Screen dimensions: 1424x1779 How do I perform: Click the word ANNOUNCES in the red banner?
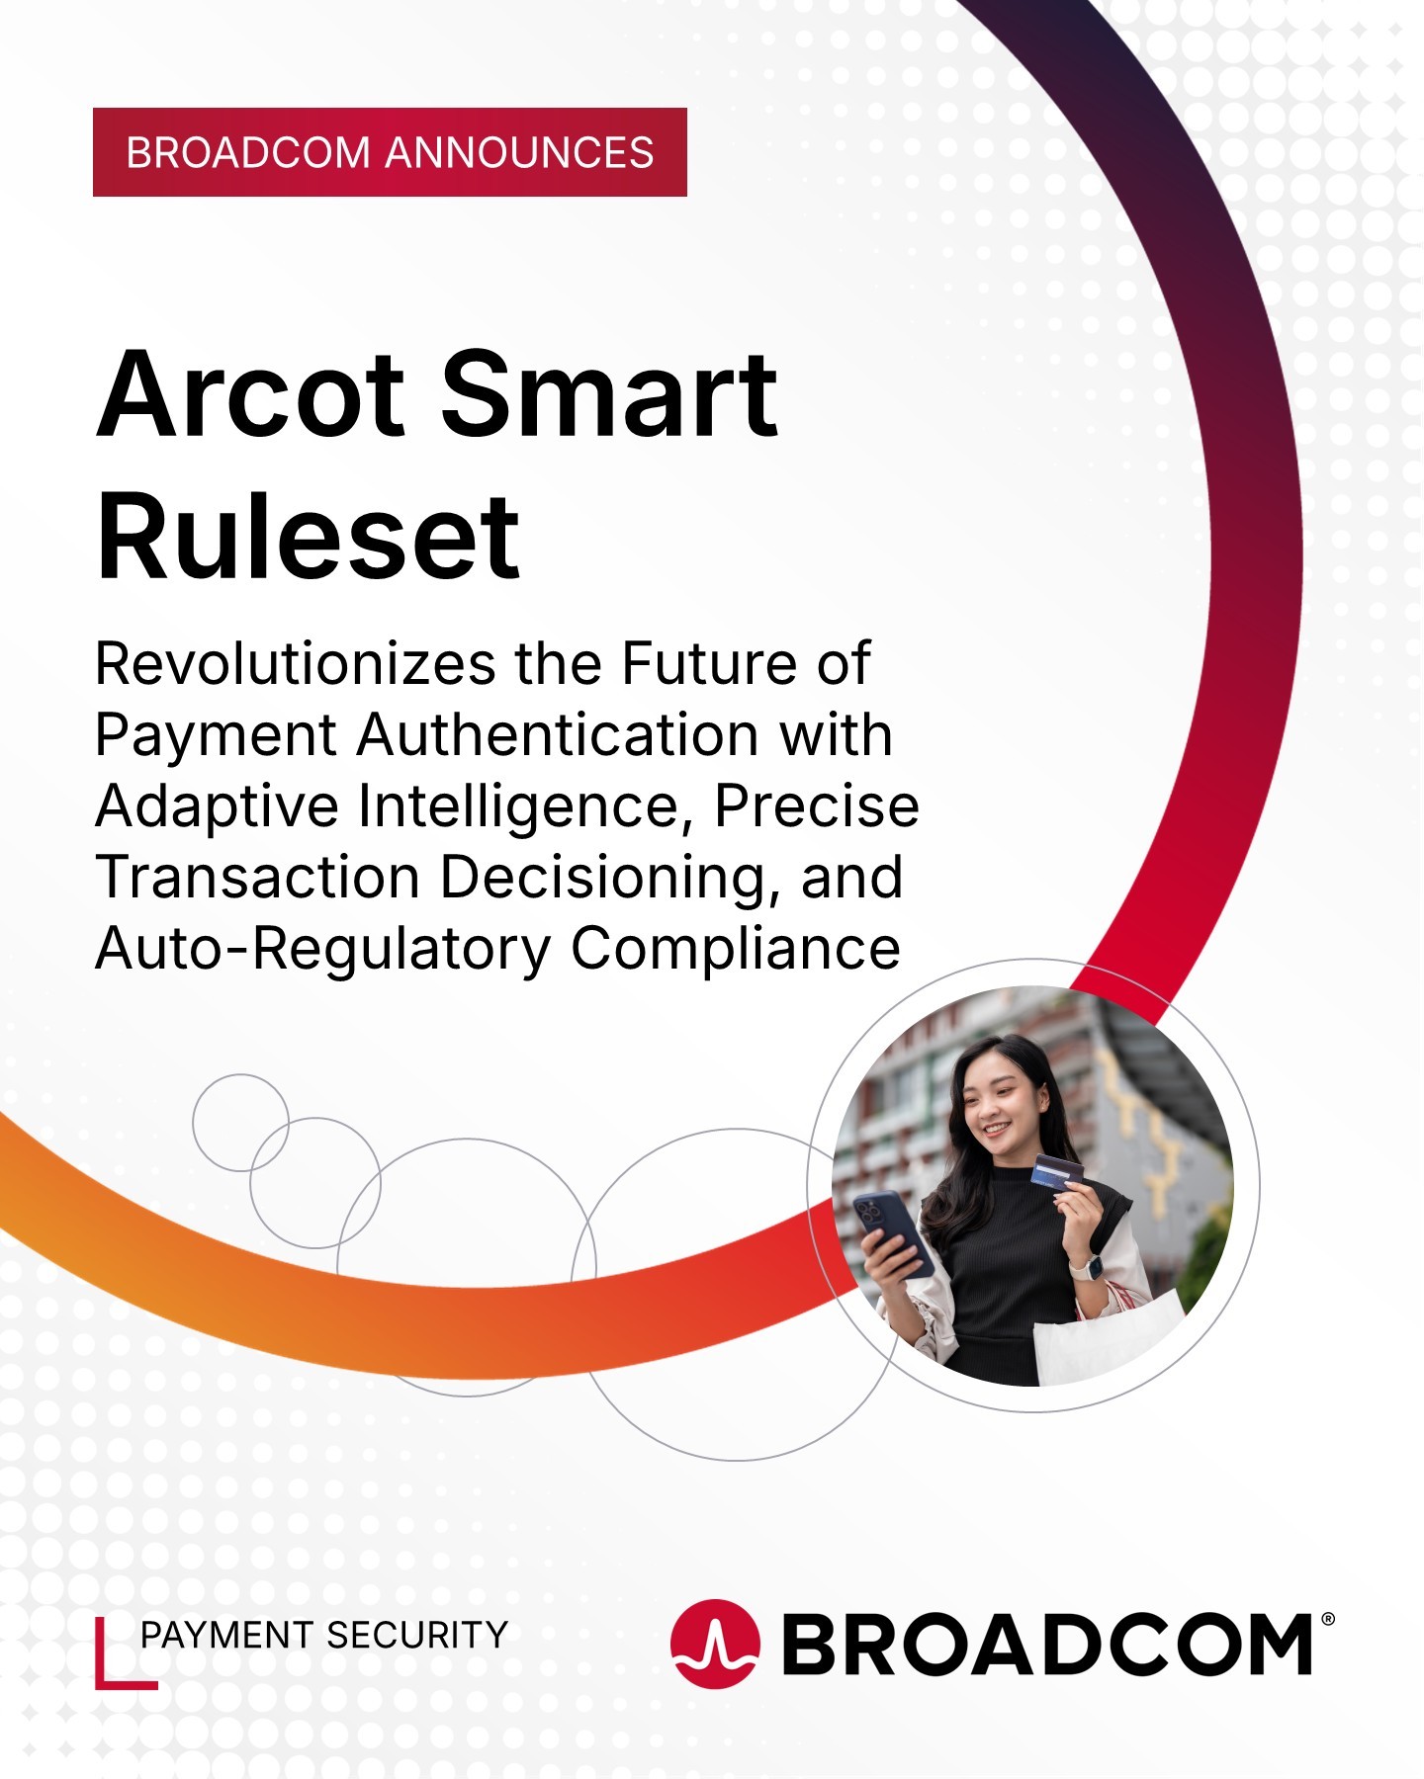pos(519,153)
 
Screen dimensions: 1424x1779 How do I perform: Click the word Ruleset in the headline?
pos(308,537)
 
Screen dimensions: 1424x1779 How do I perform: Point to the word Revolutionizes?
pos(295,663)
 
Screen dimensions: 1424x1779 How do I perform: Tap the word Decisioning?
pos(603,879)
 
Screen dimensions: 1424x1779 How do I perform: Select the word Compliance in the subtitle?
pos(736,950)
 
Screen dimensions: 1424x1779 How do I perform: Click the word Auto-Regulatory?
pos(322,950)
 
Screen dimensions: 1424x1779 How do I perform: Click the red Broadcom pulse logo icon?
pos(715,1644)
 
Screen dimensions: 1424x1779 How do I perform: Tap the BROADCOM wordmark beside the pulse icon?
pos(1047,1645)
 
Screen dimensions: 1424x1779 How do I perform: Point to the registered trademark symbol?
pos(1327,1619)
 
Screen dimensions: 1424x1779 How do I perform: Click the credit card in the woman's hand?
pos(1059,1172)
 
